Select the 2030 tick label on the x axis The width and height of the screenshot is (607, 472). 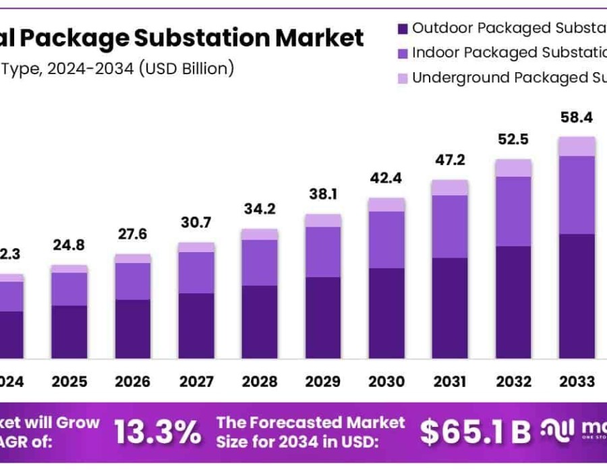[x=387, y=382]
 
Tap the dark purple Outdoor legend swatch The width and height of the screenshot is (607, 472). [x=403, y=29]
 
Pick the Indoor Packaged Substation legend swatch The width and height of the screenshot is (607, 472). [x=403, y=53]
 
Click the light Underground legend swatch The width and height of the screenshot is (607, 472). [x=403, y=78]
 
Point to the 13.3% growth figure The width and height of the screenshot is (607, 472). [x=157, y=432]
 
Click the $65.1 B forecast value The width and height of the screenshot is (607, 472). [x=475, y=432]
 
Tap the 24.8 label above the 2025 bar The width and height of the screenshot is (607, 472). [x=69, y=245]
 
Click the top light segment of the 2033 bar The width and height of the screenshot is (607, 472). [x=577, y=146]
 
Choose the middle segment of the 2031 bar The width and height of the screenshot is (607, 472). [x=450, y=227]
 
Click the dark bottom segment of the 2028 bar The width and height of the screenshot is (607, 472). [x=260, y=322]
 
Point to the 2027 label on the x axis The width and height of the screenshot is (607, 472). [x=196, y=382]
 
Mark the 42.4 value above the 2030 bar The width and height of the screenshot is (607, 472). [x=386, y=180]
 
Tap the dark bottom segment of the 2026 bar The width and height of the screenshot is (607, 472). [x=133, y=329]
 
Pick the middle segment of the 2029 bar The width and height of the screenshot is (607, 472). [x=323, y=252]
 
